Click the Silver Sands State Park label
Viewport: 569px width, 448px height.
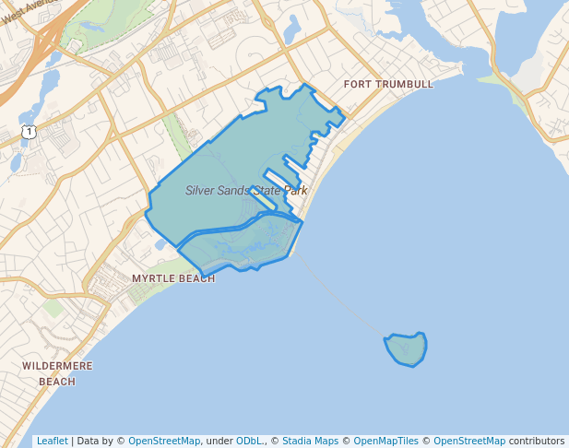pyautogui.click(x=245, y=191)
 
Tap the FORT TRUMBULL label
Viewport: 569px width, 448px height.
pyautogui.click(x=387, y=85)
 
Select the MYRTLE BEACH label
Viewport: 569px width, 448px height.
pyautogui.click(x=173, y=278)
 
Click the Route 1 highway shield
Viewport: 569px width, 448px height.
pyautogui.click(x=30, y=133)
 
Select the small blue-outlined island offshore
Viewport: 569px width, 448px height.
pyautogui.click(x=406, y=349)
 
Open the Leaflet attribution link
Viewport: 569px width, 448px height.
pyautogui.click(x=52, y=442)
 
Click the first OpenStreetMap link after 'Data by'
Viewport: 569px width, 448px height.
pyautogui.click(x=163, y=442)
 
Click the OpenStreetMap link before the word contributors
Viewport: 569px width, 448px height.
pyautogui.click(x=469, y=442)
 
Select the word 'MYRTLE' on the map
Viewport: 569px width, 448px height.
pyautogui.click(x=152, y=278)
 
